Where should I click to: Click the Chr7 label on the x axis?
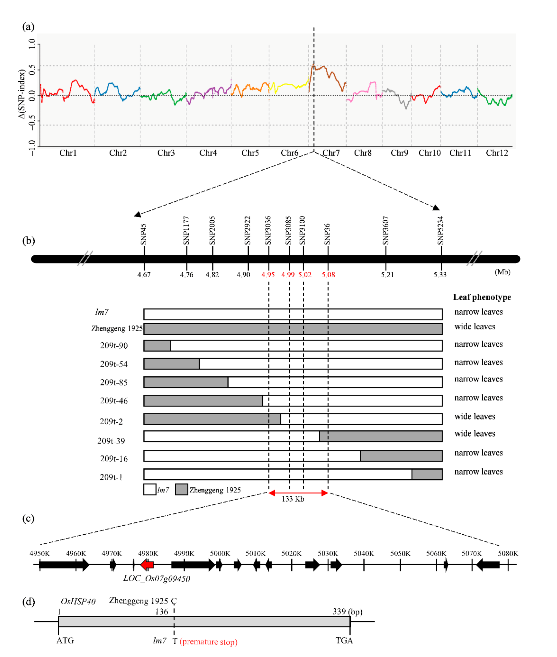[331, 153]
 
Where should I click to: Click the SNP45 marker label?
[144, 234]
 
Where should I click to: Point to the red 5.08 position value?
[328, 275]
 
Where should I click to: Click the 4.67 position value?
[144, 275]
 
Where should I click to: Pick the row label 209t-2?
[111, 421]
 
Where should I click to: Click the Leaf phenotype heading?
[482, 297]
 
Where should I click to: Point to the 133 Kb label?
[293, 499]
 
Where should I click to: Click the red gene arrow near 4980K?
[147, 564]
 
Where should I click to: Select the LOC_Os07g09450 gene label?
[157, 579]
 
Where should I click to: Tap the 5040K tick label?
[364, 553]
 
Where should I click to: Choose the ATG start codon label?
[65, 641]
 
